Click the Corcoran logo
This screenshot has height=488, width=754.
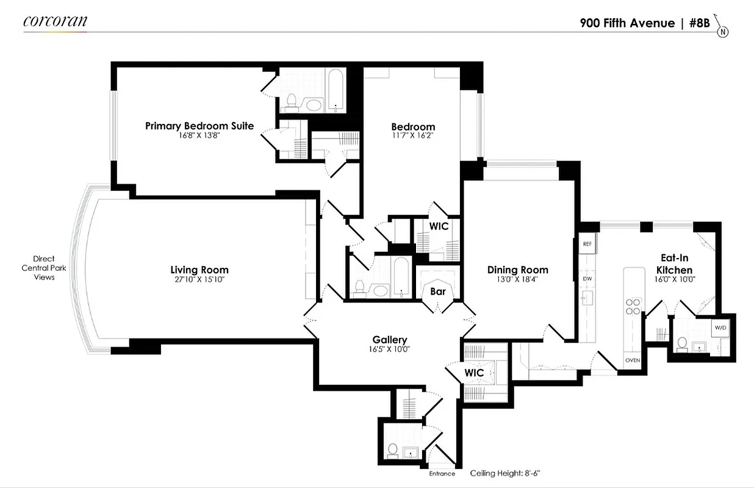point(55,21)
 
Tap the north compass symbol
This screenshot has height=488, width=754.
point(723,31)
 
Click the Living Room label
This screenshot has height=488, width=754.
point(199,270)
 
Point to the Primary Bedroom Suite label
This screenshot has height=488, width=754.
point(199,126)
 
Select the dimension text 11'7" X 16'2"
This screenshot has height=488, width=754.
point(413,136)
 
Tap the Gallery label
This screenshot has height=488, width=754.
point(390,340)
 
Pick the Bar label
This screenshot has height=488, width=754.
point(438,292)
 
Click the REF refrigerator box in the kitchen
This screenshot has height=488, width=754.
point(587,243)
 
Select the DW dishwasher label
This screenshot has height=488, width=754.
point(587,278)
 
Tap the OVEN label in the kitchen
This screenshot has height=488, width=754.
point(632,360)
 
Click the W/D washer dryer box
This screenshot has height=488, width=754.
point(720,328)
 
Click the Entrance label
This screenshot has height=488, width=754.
point(442,473)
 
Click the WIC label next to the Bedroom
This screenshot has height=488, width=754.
point(439,226)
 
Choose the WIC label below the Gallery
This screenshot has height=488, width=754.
point(474,372)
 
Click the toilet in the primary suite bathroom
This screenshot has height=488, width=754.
point(291,101)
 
